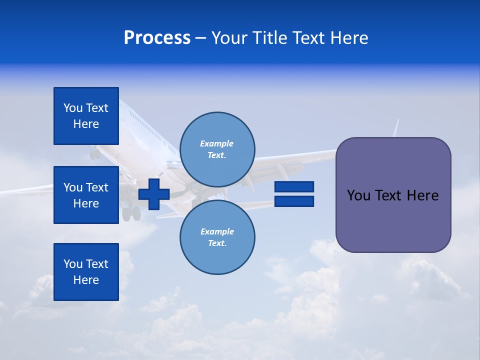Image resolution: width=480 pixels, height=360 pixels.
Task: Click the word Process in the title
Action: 157,38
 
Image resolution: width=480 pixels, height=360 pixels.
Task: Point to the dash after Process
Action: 200,38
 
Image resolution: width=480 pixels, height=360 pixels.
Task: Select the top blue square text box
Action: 86,116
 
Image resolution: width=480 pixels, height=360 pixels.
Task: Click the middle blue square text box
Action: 86,195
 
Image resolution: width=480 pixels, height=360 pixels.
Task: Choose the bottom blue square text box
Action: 86,272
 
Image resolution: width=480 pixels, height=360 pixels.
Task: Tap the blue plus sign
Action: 154,194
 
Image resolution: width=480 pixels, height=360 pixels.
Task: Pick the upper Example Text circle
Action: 217,149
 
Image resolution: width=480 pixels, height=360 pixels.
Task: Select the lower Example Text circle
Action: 217,237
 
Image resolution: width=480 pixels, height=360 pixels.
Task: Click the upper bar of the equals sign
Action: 294,186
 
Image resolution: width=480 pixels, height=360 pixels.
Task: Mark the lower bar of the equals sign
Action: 294,201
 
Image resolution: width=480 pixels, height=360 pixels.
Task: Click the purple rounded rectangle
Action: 393,220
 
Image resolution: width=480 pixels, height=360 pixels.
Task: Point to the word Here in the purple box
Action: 422,195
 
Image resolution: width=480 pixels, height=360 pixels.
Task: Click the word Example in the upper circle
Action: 216,143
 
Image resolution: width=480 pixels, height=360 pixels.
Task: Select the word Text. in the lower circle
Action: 217,243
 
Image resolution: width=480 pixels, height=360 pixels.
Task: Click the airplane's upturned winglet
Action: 396,128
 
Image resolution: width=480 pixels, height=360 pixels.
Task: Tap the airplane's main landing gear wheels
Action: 131,214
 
